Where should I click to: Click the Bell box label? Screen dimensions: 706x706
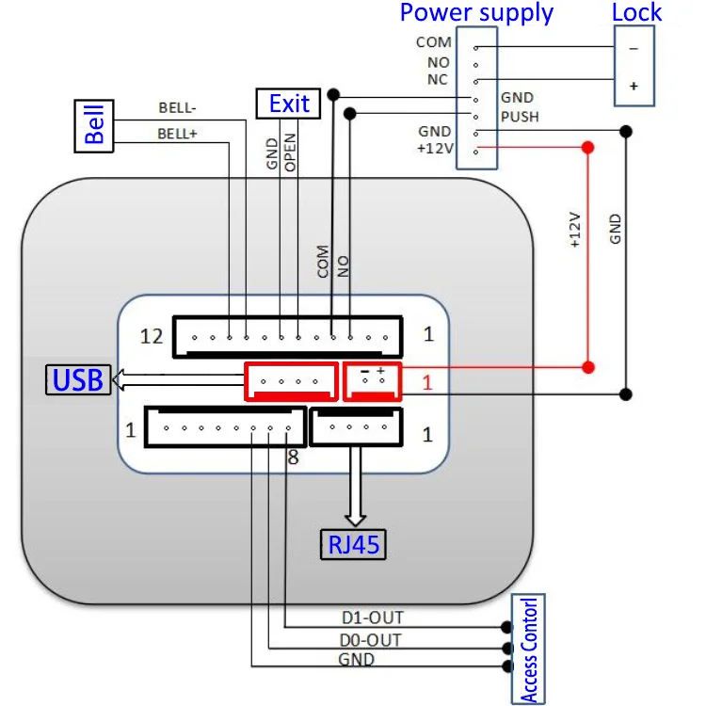[x=95, y=124]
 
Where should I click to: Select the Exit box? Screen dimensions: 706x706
[x=289, y=104]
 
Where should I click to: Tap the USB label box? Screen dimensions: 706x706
[x=77, y=380]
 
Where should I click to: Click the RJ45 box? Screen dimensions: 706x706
[x=356, y=544]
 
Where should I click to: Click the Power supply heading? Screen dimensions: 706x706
[x=476, y=13]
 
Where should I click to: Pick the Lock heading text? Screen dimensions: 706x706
[x=637, y=13]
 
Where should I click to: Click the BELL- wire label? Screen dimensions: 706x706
[x=178, y=107]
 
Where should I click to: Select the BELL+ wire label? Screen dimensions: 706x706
[x=177, y=134]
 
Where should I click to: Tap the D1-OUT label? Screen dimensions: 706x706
[x=372, y=618]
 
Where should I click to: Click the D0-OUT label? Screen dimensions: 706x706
[x=371, y=640]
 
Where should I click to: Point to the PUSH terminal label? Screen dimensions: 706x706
[x=519, y=117]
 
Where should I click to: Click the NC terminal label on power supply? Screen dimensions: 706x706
[x=438, y=80]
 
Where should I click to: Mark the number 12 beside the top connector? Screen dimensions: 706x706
[x=152, y=336]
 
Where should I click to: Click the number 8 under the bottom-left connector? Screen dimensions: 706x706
[x=295, y=460]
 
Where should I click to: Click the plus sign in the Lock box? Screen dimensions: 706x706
[x=634, y=86]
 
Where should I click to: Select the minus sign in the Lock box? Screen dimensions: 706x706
[x=634, y=47]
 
